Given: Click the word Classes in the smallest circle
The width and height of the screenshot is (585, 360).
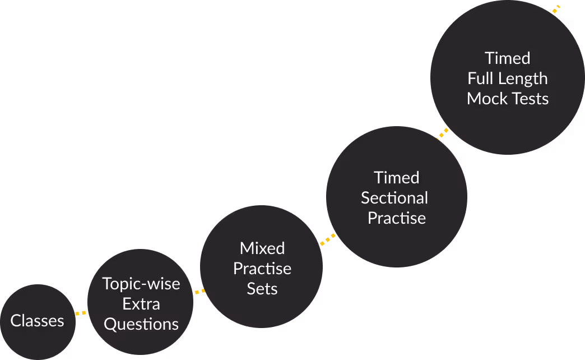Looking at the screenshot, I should [38, 321].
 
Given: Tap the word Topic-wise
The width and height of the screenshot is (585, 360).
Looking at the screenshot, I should [141, 284].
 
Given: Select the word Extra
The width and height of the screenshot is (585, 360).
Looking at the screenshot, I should [141, 304].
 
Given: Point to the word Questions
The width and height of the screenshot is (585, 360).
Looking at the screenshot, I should [141, 324].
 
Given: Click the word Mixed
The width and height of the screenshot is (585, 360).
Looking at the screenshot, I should [262, 248].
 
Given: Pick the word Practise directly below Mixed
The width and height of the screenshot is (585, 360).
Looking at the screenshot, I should [262, 269].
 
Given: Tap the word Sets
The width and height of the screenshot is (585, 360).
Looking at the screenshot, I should [262, 289].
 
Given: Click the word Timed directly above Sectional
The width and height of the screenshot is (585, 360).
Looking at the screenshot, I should [397, 178].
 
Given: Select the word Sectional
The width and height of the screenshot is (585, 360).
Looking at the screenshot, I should [394, 198].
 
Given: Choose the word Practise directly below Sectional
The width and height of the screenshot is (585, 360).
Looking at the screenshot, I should [397, 218].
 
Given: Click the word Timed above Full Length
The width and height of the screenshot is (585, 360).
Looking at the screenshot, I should [508, 58].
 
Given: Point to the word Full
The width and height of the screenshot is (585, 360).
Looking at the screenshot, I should [480, 79].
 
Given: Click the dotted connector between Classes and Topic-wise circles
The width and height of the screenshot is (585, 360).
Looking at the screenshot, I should [81, 313].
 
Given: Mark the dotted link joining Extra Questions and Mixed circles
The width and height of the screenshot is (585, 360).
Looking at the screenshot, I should [199, 292].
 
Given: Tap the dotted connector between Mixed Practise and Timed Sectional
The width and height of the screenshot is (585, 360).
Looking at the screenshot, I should [328, 239].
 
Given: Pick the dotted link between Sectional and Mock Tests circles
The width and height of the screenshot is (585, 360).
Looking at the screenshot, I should [443, 133].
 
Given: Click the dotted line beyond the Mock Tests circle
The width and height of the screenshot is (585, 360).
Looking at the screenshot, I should [555, 9].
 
